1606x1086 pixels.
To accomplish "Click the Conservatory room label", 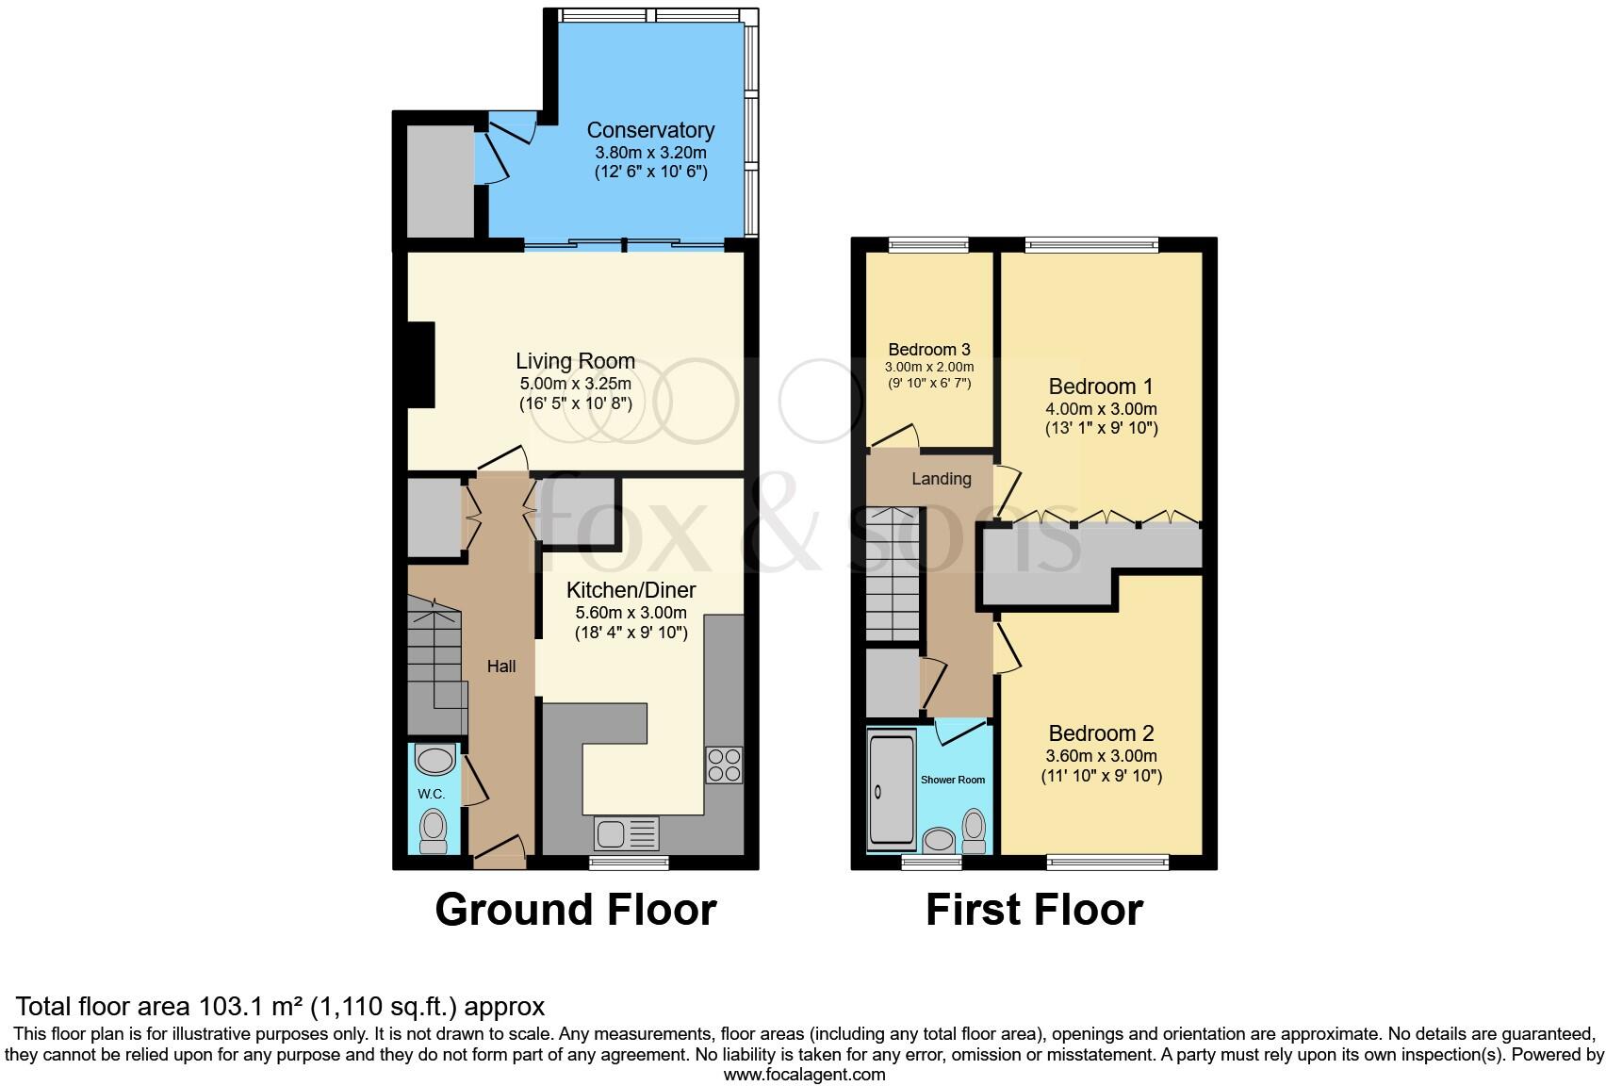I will (650, 130).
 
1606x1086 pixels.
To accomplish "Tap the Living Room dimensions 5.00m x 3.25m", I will (575, 384).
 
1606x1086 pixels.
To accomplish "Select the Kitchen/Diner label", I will (631, 590).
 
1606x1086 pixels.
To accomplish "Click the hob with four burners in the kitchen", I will (724, 765).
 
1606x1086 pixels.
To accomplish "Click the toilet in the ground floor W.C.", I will (434, 830).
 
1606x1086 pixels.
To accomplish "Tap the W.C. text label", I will (432, 795).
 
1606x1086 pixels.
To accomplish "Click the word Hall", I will (501, 666).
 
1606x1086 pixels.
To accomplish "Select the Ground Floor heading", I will (576, 910).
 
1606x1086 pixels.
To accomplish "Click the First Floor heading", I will (1034, 910).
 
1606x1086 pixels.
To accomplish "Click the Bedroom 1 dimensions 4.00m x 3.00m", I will (1101, 409).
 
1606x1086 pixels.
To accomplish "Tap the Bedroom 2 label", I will (1101, 733).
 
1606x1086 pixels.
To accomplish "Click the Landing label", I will (941, 479).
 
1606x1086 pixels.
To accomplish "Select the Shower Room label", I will (953, 780).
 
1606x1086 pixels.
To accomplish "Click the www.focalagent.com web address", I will (804, 1074).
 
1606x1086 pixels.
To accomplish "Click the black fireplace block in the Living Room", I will (420, 365).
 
